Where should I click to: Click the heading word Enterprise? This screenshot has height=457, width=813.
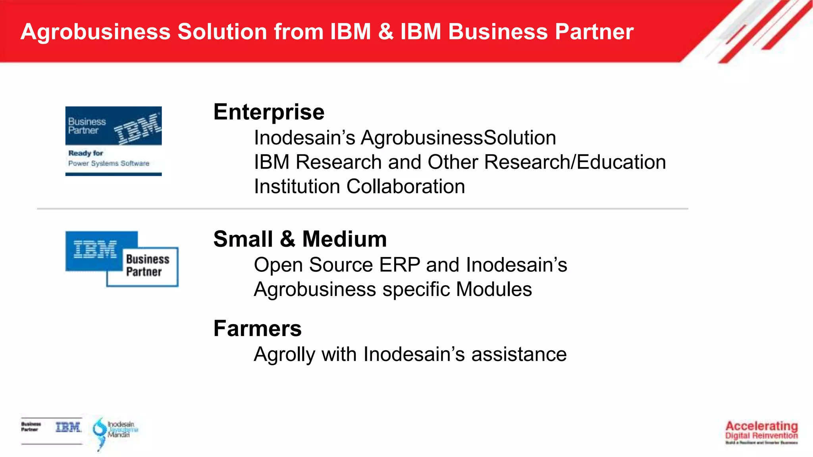tap(269, 112)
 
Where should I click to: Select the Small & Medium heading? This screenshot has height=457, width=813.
tap(300, 239)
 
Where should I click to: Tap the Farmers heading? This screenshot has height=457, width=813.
tap(257, 328)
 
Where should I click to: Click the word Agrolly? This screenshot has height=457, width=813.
tap(284, 355)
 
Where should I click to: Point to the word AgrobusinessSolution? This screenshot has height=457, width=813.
tap(458, 138)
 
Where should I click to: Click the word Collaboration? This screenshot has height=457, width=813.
tap(405, 186)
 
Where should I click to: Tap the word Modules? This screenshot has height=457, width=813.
tap(494, 289)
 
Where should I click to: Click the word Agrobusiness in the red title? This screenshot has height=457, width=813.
tap(95, 32)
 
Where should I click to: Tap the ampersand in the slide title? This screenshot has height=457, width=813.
tap(385, 32)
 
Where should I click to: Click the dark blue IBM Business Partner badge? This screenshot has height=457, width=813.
tap(114, 125)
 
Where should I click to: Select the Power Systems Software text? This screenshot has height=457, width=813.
tap(108, 163)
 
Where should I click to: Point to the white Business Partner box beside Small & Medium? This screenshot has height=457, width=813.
tap(147, 266)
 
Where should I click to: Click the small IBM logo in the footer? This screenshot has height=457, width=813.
tap(68, 427)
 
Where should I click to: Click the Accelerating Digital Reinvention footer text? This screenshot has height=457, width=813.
tap(761, 431)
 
